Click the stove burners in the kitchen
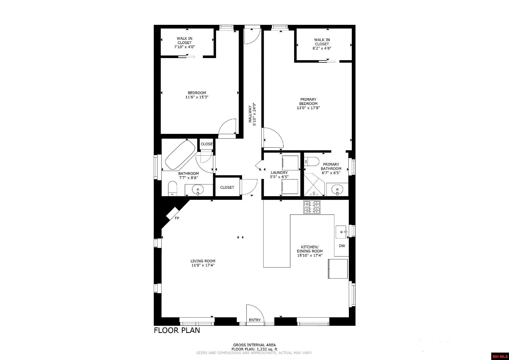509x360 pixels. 312,207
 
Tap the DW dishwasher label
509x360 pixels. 342,246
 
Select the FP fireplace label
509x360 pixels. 177,218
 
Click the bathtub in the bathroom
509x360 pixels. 180,155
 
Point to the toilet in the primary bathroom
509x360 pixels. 312,161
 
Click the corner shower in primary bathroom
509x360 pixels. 314,185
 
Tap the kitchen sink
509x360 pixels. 341,232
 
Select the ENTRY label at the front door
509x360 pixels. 255,320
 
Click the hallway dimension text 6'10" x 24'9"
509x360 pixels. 254,114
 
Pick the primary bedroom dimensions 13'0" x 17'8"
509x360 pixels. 308,108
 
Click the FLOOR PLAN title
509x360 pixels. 177,330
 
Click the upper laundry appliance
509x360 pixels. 290,163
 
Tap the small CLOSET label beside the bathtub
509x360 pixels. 207,144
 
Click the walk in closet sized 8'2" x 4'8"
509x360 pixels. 322,44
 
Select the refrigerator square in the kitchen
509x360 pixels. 338,269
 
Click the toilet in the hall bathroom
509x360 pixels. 173,188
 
